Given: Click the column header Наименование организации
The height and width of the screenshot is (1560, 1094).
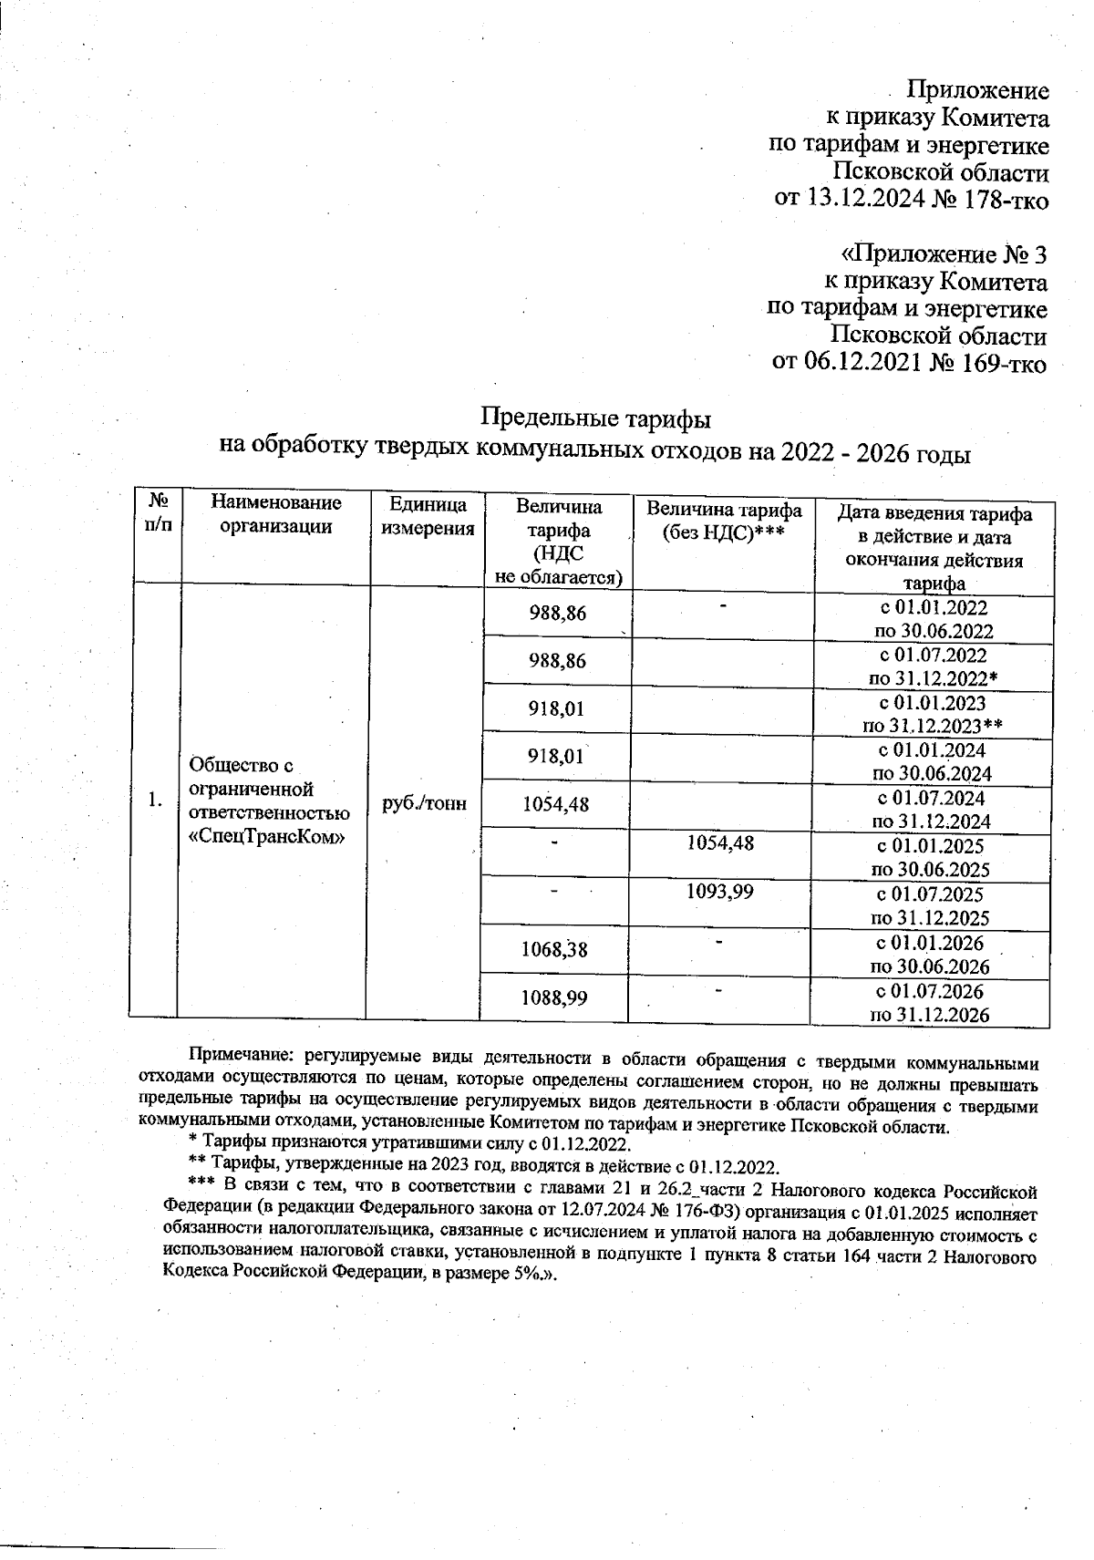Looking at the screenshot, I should pos(275,514).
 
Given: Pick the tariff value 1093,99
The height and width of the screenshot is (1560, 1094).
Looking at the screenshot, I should pos(719,892).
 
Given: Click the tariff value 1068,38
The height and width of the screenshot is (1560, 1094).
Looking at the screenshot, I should pos(553,950).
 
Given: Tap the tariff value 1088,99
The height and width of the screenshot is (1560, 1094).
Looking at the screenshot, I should pos(553,998).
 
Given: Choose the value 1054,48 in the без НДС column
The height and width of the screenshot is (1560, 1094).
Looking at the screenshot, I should pos(719,843).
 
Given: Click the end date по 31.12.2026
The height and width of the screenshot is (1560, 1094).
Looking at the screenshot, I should pos(931,1015).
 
